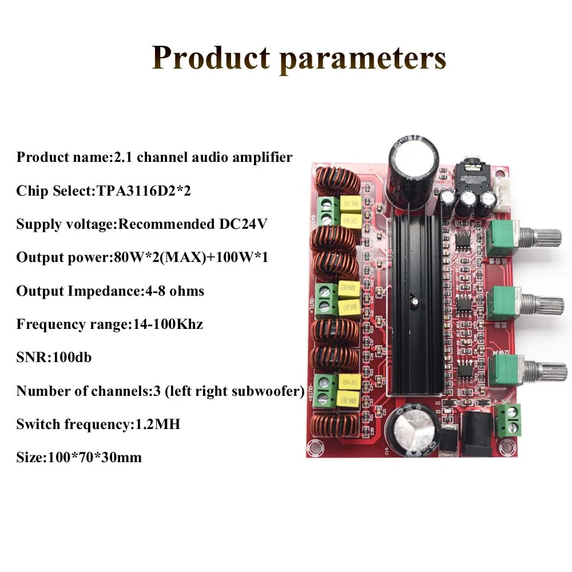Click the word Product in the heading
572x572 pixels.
[x=210, y=58]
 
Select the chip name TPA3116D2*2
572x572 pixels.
[x=141, y=190]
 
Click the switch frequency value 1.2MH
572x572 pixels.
[x=154, y=424]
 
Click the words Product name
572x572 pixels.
[x=62, y=157]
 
